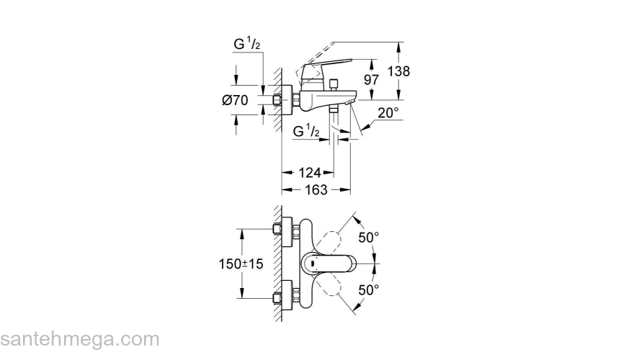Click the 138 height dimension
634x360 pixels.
pos(399,71)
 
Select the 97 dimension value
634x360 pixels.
pos(371,80)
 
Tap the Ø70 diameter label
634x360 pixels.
pos(236,101)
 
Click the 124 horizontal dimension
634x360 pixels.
pos(310,173)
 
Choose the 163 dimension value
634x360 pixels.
pos(316,190)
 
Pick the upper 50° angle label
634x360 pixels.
pos(369,237)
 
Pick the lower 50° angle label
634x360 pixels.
pos(369,290)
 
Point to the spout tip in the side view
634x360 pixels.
pos(349,105)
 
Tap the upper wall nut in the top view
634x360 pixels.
pos(278,230)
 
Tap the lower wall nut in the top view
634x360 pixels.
pos(278,297)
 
